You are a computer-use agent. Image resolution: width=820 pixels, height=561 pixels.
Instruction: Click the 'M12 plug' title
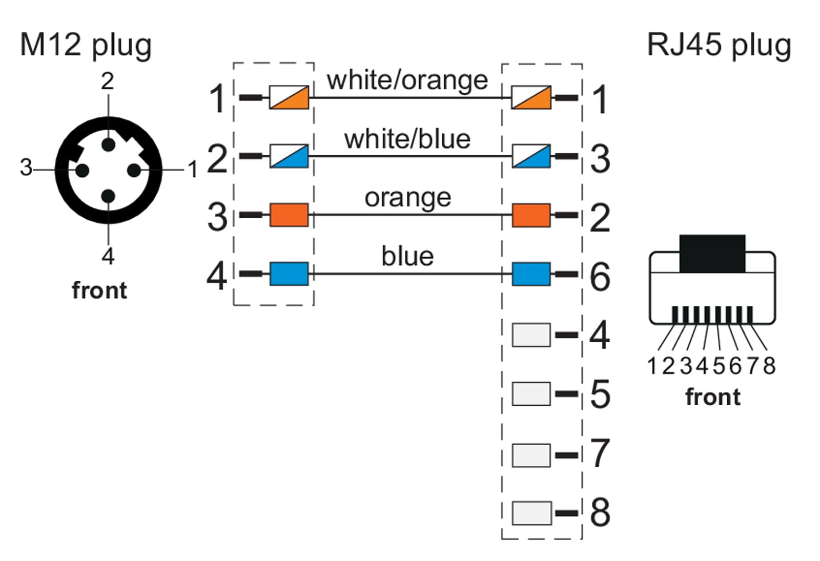tap(86, 46)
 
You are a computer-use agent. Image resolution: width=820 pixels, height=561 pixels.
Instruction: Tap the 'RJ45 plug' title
tap(719, 46)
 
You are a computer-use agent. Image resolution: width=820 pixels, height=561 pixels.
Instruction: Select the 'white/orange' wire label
tap(407, 80)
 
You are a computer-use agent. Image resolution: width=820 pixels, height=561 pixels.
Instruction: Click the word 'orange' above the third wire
tap(408, 198)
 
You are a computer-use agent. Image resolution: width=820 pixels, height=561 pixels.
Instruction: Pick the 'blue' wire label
tap(408, 256)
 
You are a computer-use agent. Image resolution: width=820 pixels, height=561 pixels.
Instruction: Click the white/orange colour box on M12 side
tap(289, 97)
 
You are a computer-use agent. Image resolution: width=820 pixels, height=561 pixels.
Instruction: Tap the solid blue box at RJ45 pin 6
tap(531, 274)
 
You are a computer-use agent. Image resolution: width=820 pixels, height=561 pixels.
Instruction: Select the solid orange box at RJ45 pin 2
tap(531, 215)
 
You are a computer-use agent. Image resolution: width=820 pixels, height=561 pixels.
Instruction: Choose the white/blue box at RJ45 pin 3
tap(531, 156)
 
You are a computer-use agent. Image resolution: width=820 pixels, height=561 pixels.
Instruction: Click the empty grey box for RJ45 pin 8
tap(531, 513)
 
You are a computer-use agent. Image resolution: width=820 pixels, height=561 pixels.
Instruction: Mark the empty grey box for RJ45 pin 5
tap(531, 394)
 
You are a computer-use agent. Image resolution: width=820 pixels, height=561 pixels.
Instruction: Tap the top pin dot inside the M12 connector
tap(108, 144)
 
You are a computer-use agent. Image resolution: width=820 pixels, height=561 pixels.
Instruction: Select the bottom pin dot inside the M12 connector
tap(108, 196)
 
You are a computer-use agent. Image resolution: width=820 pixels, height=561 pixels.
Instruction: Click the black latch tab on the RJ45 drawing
tap(712, 254)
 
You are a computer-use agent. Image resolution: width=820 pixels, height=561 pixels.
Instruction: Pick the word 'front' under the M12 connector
tap(99, 290)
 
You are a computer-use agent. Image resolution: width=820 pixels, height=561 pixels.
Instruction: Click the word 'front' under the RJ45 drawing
tap(713, 397)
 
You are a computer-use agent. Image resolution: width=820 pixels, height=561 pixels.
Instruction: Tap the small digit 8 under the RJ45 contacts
tap(769, 366)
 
